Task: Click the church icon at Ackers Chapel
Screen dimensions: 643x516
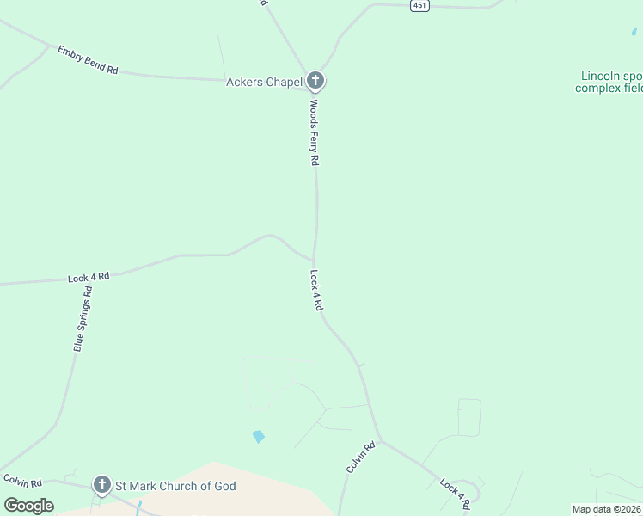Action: tap(315, 82)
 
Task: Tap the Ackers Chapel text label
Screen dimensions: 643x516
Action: tap(264, 83)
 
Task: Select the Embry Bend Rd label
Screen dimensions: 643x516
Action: tap(88, 59)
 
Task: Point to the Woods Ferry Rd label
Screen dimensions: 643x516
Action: tap(315, 132)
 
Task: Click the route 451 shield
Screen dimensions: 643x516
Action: tap(419, 5)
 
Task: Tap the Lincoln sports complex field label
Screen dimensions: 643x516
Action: tap(609, 82)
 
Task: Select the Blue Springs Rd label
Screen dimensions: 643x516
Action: tap(83, 318)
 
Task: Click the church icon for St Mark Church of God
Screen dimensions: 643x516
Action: tap(102, 486)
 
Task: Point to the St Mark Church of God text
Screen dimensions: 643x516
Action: tap(175, 486)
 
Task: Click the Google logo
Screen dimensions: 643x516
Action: tap(28, 506)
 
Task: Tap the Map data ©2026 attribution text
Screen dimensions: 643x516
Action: tap(606, 509)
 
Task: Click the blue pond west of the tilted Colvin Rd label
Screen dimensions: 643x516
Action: tap(258, 436)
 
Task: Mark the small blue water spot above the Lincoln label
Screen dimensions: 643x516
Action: tap(634, 32)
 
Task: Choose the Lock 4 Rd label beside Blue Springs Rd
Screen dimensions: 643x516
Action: tap(89, 277)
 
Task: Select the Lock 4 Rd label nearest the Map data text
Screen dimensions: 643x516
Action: tap(456, 490)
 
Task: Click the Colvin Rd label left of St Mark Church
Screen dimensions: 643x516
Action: tap(17, 480)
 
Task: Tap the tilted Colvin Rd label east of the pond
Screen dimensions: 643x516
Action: tap(361, 457)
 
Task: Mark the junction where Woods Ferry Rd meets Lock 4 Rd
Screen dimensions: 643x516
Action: tap(314, 257)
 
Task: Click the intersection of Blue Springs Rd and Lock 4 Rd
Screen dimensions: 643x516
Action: tap(93, 277)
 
